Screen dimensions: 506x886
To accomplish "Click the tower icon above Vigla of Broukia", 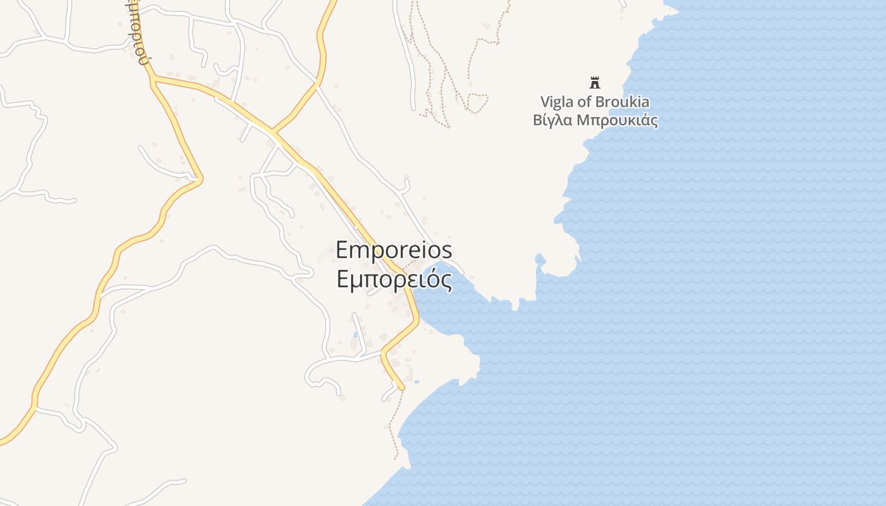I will point(594,82).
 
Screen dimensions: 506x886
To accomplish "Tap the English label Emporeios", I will point(393,250).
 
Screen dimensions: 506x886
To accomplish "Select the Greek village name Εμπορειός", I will point(394,280).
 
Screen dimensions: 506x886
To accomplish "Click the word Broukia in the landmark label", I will point(623,102).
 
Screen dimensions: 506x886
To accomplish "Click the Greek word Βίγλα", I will point(554,120).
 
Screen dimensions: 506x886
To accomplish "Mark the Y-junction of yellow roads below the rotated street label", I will point(153,80).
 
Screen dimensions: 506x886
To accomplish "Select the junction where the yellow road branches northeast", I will point(273,132).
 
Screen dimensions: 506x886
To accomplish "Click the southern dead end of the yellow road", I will point(401,386).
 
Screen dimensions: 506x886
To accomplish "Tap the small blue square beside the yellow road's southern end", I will point(416,381).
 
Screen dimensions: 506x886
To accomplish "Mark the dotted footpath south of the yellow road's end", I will point(392,424).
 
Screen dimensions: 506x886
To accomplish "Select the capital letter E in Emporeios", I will point(342,250).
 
